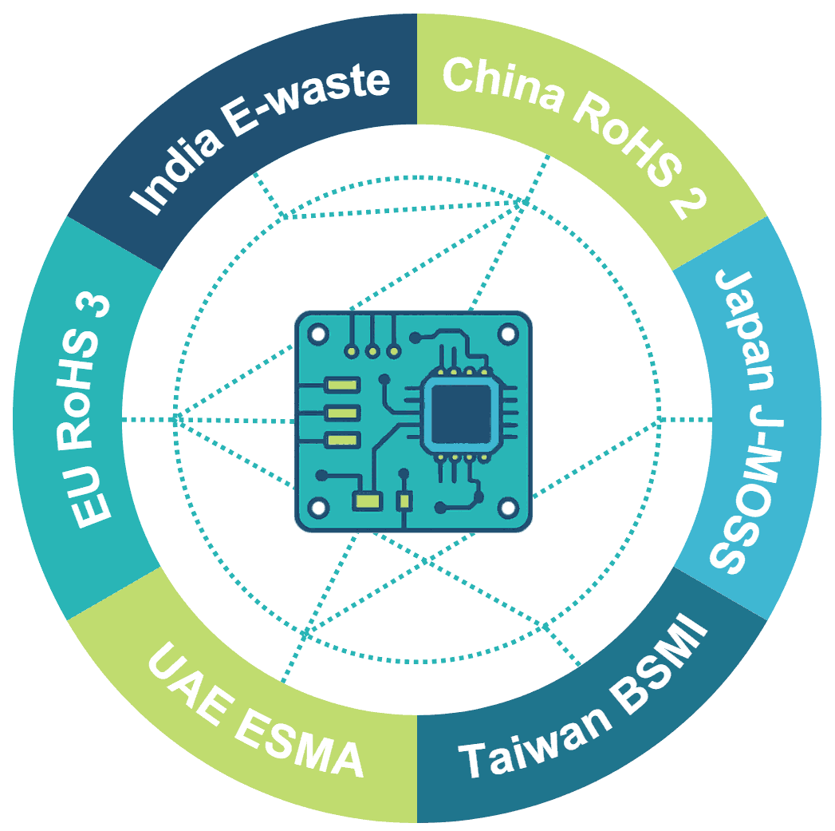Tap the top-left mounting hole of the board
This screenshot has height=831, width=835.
point(319,332)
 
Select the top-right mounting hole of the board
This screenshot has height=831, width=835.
point(508,332)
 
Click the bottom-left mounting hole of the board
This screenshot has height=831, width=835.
point(319,506)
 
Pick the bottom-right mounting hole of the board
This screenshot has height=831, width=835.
point(508,506)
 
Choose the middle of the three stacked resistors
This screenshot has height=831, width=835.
point(343,413)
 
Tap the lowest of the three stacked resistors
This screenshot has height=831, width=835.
point(343,438)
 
